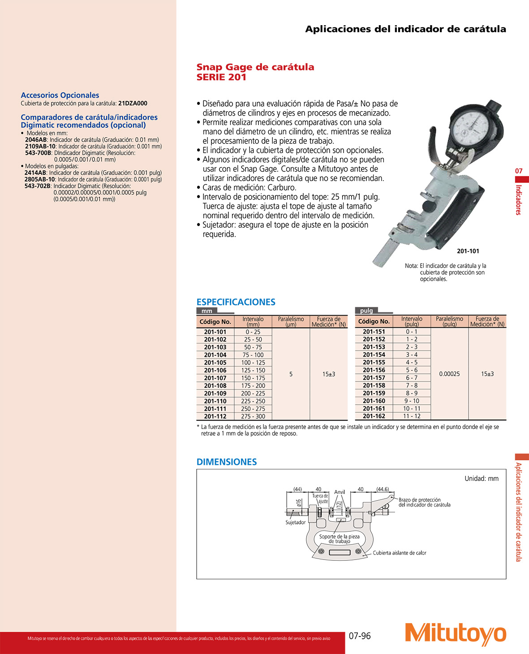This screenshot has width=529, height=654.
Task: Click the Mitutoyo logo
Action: point(455,634)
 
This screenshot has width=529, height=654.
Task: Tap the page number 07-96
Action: point(360,636)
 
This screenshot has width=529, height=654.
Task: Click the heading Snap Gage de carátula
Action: point(255,67)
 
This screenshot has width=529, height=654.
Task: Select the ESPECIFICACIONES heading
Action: point(236,302)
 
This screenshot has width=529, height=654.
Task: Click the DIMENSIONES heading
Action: point(226,462)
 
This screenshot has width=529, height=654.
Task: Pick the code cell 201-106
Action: point(215,370)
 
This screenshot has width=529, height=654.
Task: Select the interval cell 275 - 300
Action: point(253,416)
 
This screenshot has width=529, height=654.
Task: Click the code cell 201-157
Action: point(374,378)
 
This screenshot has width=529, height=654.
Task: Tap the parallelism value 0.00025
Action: point(449,374)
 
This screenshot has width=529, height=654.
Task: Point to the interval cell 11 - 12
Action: point(412,416)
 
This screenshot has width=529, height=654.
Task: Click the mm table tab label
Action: point(206,311)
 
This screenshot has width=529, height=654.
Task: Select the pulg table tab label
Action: point(366,311)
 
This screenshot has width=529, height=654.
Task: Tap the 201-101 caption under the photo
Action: point(468,251)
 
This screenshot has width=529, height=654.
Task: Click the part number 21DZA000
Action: point(133,104)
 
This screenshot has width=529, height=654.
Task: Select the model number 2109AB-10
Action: point(40,147)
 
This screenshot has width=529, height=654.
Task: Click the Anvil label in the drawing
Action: point(340,492)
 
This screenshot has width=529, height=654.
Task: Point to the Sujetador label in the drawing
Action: point(295,523)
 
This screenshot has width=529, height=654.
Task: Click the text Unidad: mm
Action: point(481,479)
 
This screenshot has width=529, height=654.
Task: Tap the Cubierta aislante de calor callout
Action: point(400,553)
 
